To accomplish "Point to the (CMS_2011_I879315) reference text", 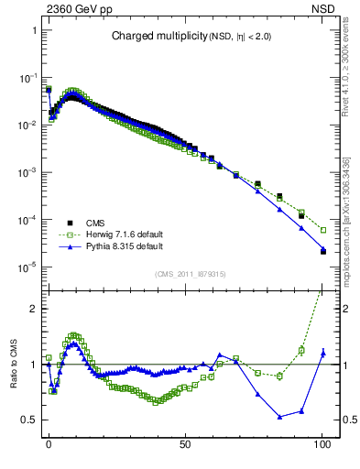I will pyautogui.click(x=189, y=274).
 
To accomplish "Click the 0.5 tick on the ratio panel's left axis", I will pyautogui.click(x=28, y=420).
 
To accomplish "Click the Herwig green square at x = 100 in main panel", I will pyautogui.click(x=323, y=230).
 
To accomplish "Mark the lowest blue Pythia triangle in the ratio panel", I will pyautogui.click(x=279, y=417).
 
